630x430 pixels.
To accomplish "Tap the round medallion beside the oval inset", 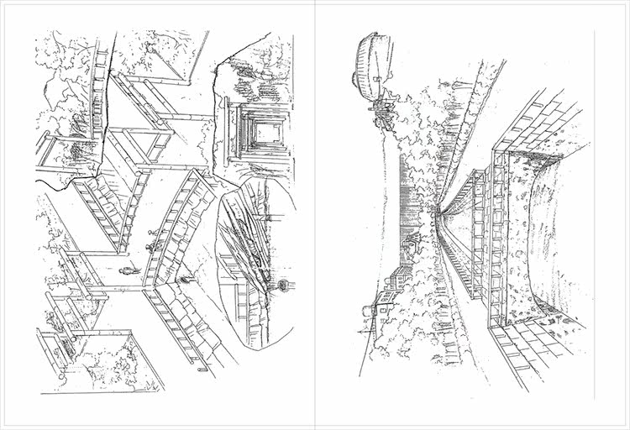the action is click(x=283, y=286).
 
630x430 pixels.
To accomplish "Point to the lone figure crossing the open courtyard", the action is click(x=127, y=270).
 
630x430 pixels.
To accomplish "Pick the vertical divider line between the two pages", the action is click(x=314, y=215).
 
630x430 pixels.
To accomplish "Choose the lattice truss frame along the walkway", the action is click(x=487, y=227).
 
